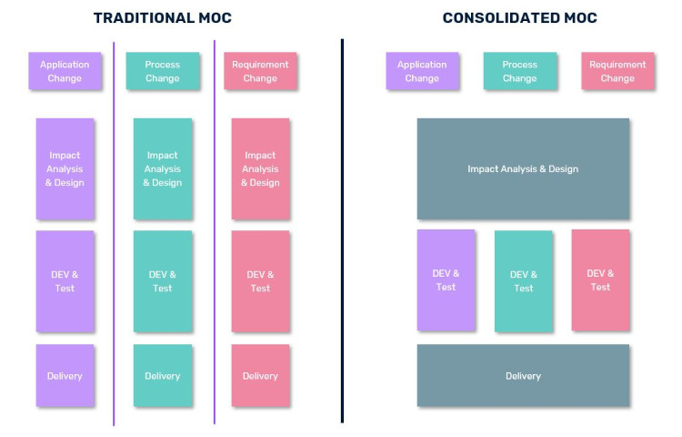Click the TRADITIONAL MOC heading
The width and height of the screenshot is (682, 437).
click(x=162, y=18)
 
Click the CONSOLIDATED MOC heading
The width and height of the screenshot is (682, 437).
click(x=520, y=18)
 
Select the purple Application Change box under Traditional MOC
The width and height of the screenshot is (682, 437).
click(x=65, y=71)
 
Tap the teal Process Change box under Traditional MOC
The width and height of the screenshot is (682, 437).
click(x=163, y=71)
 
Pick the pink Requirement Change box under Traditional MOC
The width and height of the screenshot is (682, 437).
click(x=260, y=71)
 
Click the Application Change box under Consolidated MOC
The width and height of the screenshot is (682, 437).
click(x=422, y=71)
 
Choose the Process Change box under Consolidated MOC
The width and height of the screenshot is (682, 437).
click(x=520, y=71)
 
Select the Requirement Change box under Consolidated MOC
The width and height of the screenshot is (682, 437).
click(x=617, y=71)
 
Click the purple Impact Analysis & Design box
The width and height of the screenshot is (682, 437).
click(x=65, y=168)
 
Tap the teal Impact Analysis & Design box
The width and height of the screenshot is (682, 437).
click(x=163, y=168)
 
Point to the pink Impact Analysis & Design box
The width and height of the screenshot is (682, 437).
click(x=260, y=168)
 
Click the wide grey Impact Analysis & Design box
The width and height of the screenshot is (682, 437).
click(x=523, y=168)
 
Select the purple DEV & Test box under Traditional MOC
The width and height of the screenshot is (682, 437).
click(x=65, y=281)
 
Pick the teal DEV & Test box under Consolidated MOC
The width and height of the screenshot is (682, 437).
click(x=523, y=281)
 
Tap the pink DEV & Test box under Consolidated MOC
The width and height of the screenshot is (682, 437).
click(x=600, y=280)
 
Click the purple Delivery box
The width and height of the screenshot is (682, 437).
click(x=65, y=376)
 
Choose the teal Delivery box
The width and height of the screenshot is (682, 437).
click(x=163, y=376)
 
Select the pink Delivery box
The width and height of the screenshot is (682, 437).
click(x=260, y=376)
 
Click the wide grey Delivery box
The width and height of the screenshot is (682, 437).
click(x=523, y=376)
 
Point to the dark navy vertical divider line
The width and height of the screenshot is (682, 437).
click(x=342, y=230)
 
